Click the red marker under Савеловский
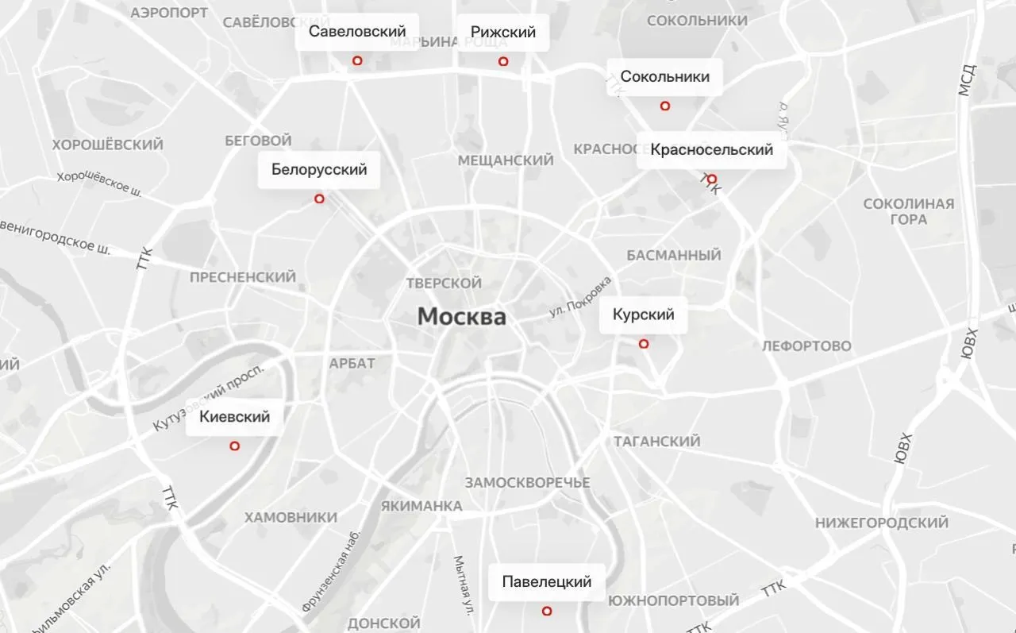(x=357, y=60)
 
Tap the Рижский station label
(x=503, y=33)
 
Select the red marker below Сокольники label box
(x=665, y=106)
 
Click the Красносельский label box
(x=711, y=150)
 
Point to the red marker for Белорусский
(x=319, y=199)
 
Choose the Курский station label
(x=644, y=315)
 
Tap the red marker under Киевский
(x=234, y=446)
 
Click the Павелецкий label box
(x=547, y=581)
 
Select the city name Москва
(x=462, y=317)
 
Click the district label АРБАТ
(x=352, y=363)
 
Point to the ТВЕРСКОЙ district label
(x=444, y=284)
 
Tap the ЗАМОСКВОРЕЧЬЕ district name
(x=528, y=483)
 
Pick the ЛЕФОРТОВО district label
(x=806, y=346)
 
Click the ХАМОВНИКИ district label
(x=291, y=518)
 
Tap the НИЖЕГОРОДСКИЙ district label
(x=882, y=523)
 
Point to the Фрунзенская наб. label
(x=332, y=571)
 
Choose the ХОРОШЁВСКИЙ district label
(x=108, y=145)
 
